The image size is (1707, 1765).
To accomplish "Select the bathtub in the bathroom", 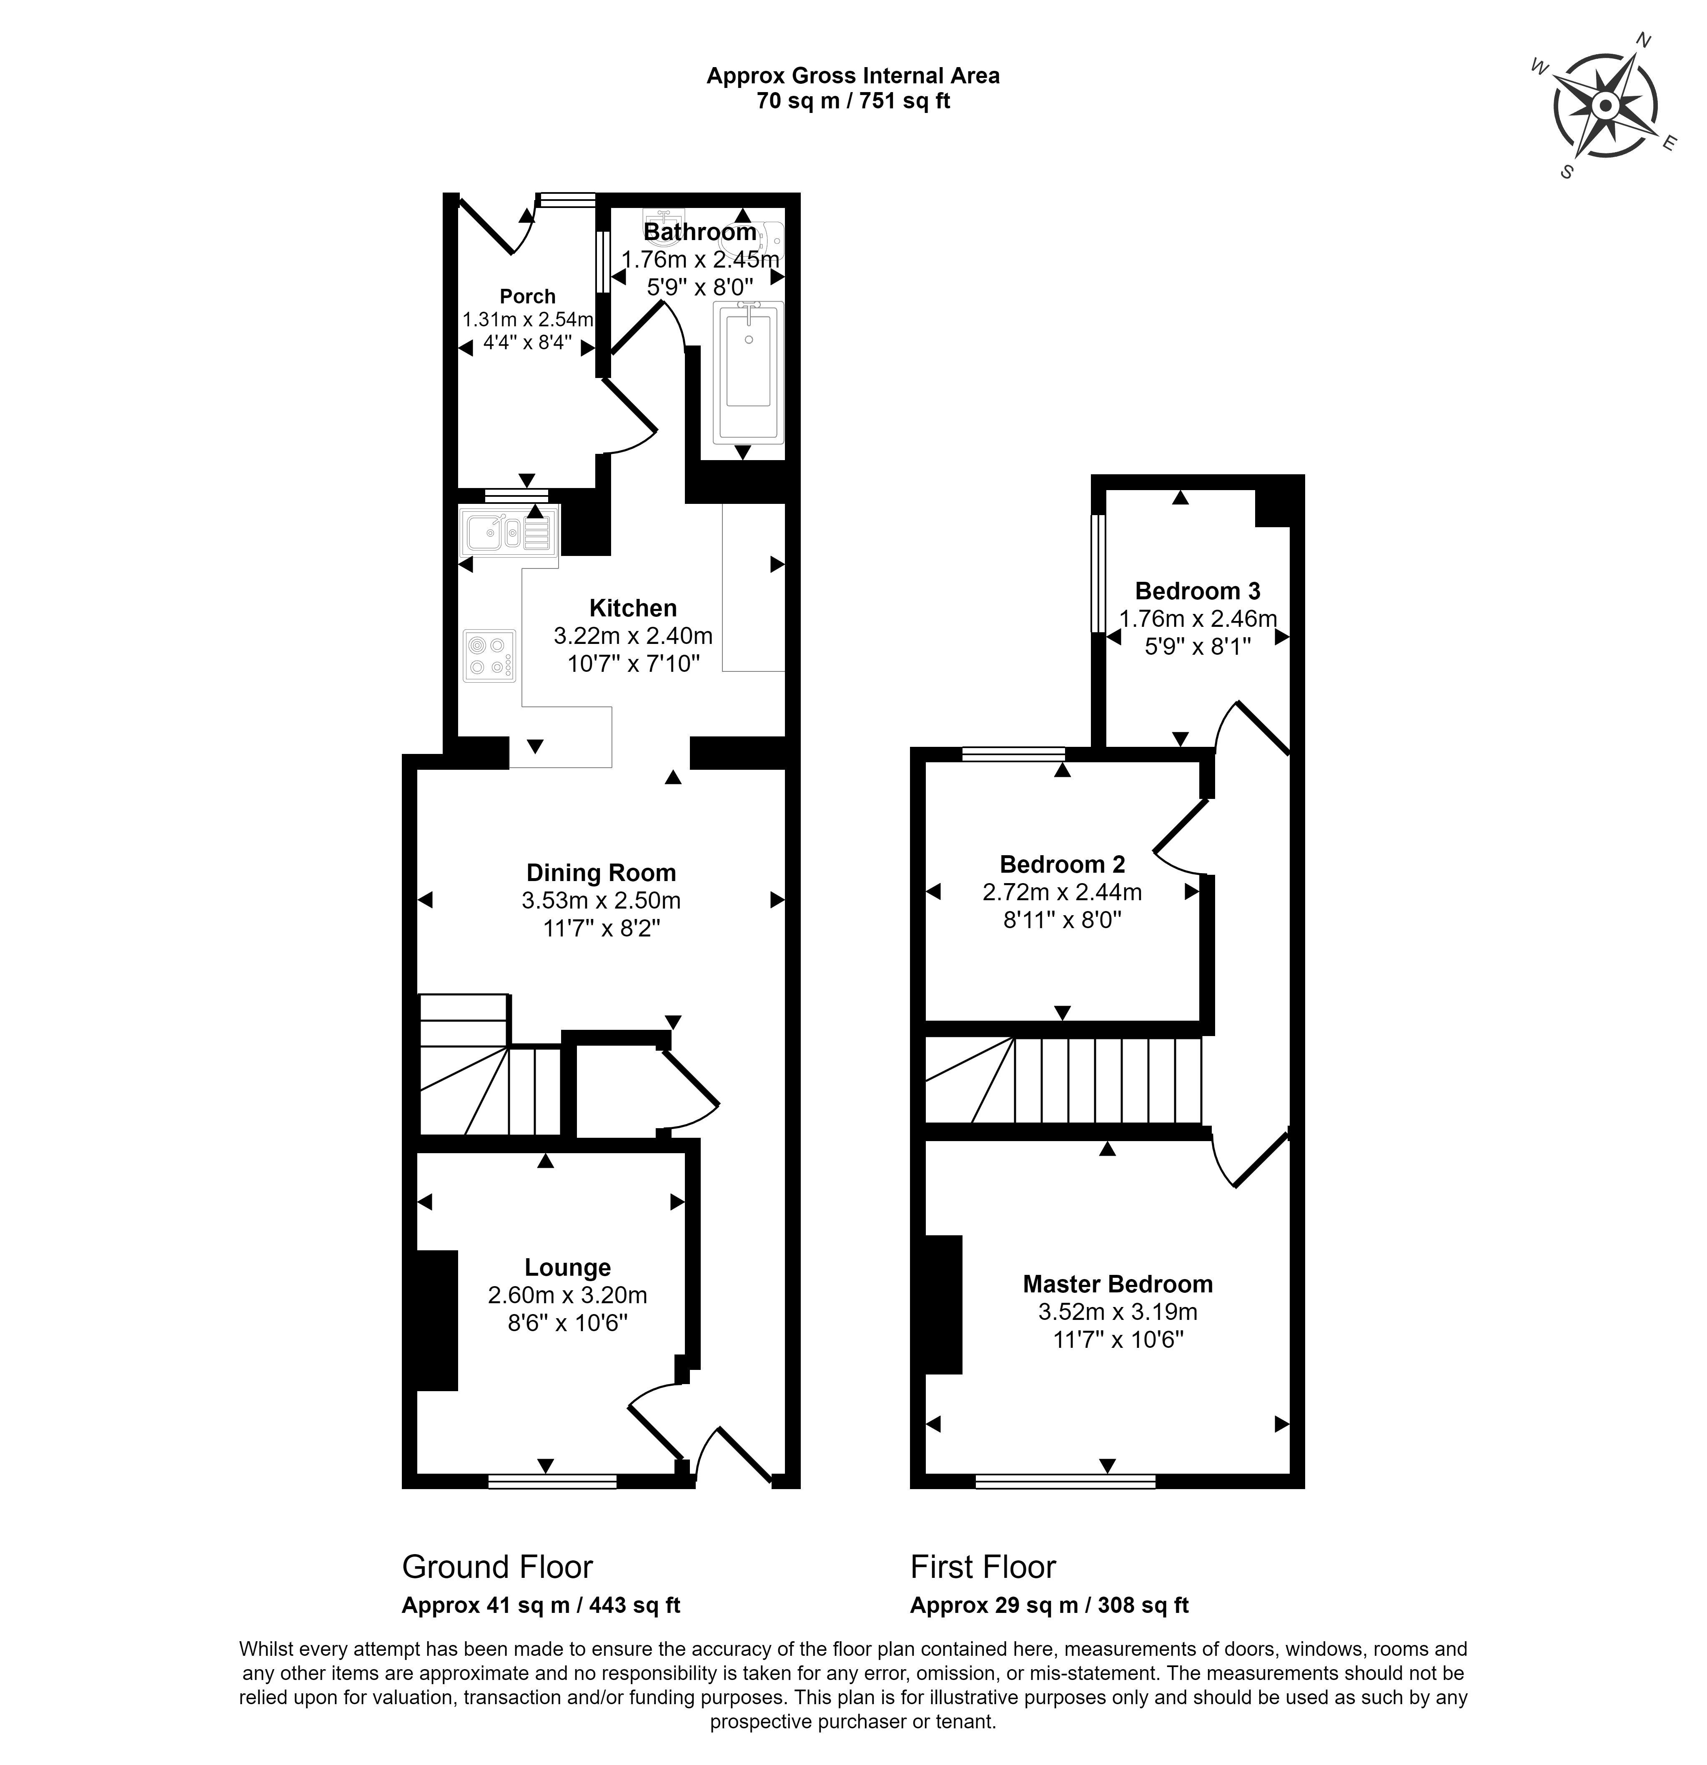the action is click(x=748, y=373).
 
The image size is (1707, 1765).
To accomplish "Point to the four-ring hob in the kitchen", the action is click(x=489, y=656).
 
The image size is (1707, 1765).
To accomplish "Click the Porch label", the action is click(x=528, y=296).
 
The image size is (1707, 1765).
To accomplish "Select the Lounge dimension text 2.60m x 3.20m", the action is click(x=567, y=1295).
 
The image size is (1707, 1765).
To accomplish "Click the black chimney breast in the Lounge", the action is click(x=437, y=1320).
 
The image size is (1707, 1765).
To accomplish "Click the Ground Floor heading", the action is click(x=497, y=1567).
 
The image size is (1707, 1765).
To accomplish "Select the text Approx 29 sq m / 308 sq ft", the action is click(x=1050, y=1605).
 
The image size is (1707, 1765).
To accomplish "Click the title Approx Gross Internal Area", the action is click(x=853, y=76).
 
